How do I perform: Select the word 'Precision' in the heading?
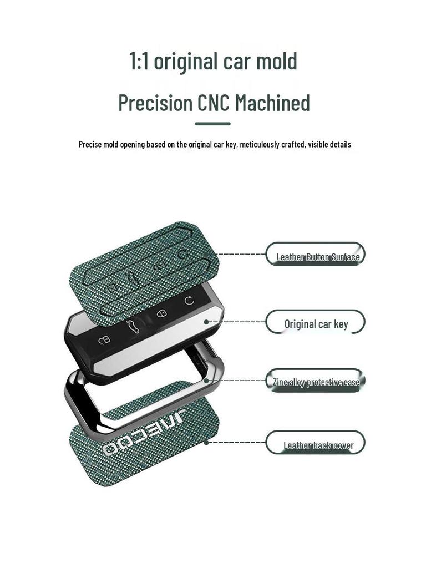coord(155,103)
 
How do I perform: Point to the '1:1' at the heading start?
coord(138,61)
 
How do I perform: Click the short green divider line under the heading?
coord(212,124)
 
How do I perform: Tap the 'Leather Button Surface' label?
coord(318,256)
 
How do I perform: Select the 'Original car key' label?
coord(316,323)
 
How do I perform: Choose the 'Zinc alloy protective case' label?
coord(316,382)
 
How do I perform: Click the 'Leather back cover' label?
coord(318,445)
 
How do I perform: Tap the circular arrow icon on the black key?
coord(189,301)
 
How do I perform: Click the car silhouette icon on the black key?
coord(132,327)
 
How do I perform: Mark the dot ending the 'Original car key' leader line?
coord(206,321)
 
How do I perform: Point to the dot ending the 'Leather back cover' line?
coord(206,442)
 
